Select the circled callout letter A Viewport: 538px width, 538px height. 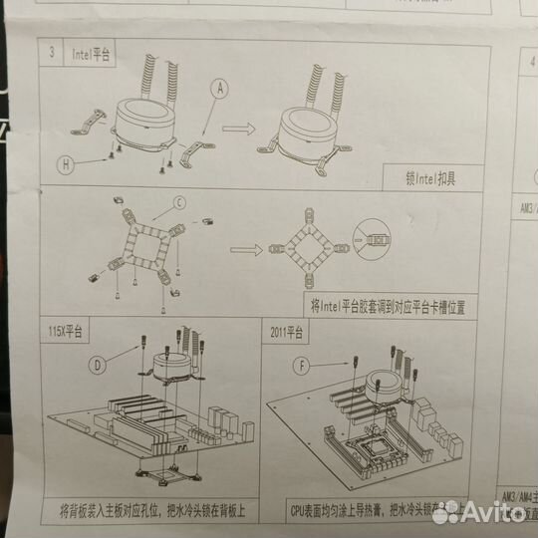[217, 88]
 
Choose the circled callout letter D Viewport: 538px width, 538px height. [98, 365]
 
